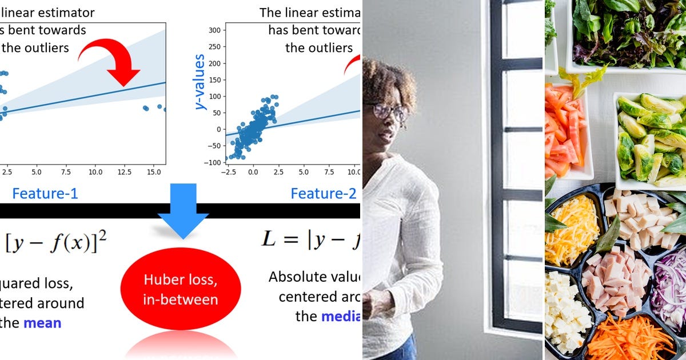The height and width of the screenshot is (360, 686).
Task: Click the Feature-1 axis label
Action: point(45,194)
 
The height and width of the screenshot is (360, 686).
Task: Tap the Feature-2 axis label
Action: point(323,194)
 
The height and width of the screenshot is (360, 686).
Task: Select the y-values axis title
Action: point(200,82)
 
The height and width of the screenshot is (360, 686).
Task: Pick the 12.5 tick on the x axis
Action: point(125,171)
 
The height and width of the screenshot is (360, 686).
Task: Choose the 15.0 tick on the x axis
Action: point(154,171)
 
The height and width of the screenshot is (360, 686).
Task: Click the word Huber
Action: point(160,280)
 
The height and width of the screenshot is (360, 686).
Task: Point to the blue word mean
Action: point(42,323)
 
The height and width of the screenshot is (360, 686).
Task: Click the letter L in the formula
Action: point(268,239)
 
